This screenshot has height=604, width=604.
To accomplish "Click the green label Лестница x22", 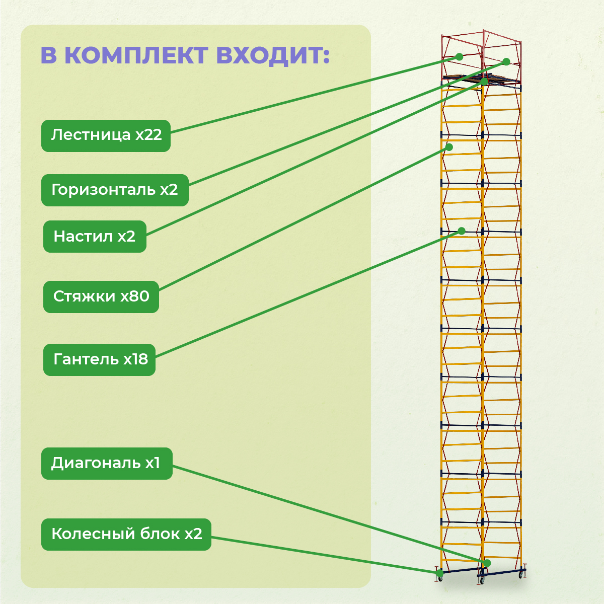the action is click(106, 136).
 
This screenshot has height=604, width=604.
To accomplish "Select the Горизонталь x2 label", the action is click(115, 190).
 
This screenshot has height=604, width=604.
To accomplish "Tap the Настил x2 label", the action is click(95, 237).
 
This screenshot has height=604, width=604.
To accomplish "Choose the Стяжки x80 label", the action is click(101, 297).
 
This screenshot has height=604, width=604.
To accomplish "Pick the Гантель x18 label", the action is click(99, 360).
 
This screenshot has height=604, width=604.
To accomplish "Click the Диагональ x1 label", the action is click(107, 464).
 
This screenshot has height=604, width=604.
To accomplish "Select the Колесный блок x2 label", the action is click(126, 535).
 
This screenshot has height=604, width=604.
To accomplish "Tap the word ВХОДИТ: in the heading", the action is click(273, 56).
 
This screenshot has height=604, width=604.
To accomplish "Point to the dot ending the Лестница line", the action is click(459, 57).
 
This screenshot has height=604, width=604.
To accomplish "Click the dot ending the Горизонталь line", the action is click(506, 62).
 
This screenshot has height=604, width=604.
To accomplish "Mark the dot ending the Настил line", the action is click(485, 82).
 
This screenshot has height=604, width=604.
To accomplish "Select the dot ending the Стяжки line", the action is click(449, 147).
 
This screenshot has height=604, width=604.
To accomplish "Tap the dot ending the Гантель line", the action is click(462, 231).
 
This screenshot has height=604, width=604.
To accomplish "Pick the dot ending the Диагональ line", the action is click(487, 563).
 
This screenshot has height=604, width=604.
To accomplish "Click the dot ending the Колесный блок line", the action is click(440, 573).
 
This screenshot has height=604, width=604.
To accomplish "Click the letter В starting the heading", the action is click(49, 55).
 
